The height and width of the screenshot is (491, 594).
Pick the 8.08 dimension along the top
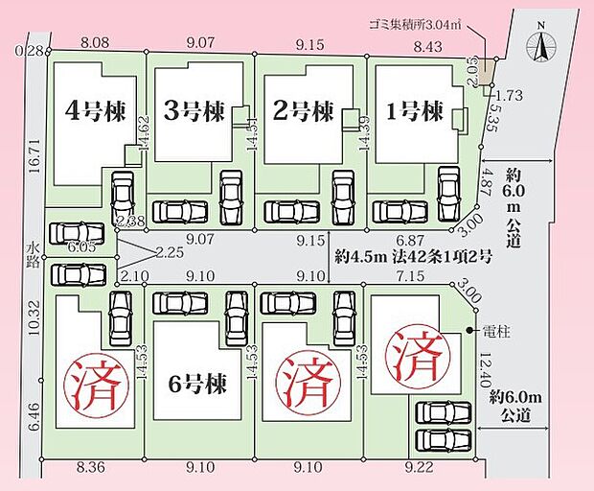[97, 42]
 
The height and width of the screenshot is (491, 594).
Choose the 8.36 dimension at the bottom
[90, 468]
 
